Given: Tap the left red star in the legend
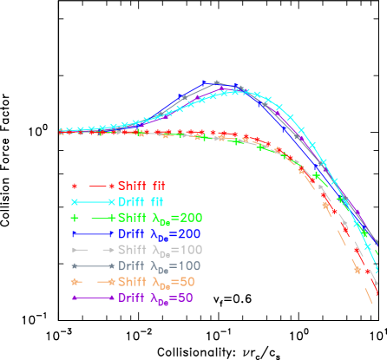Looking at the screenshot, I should tap(75, 186).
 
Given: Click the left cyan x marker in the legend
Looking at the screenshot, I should tap(75, 201).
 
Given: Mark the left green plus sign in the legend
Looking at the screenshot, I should tap(75, 218).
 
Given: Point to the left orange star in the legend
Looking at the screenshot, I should tap(75, 282).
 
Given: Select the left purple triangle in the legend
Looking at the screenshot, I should tap(75, 298).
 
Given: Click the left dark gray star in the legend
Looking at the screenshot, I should tap(75, 266).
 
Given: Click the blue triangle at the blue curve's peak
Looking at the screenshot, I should tap(206, 83).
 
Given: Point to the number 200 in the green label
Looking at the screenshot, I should tap(191, 218).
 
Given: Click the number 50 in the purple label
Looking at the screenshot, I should tap(183, 298).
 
